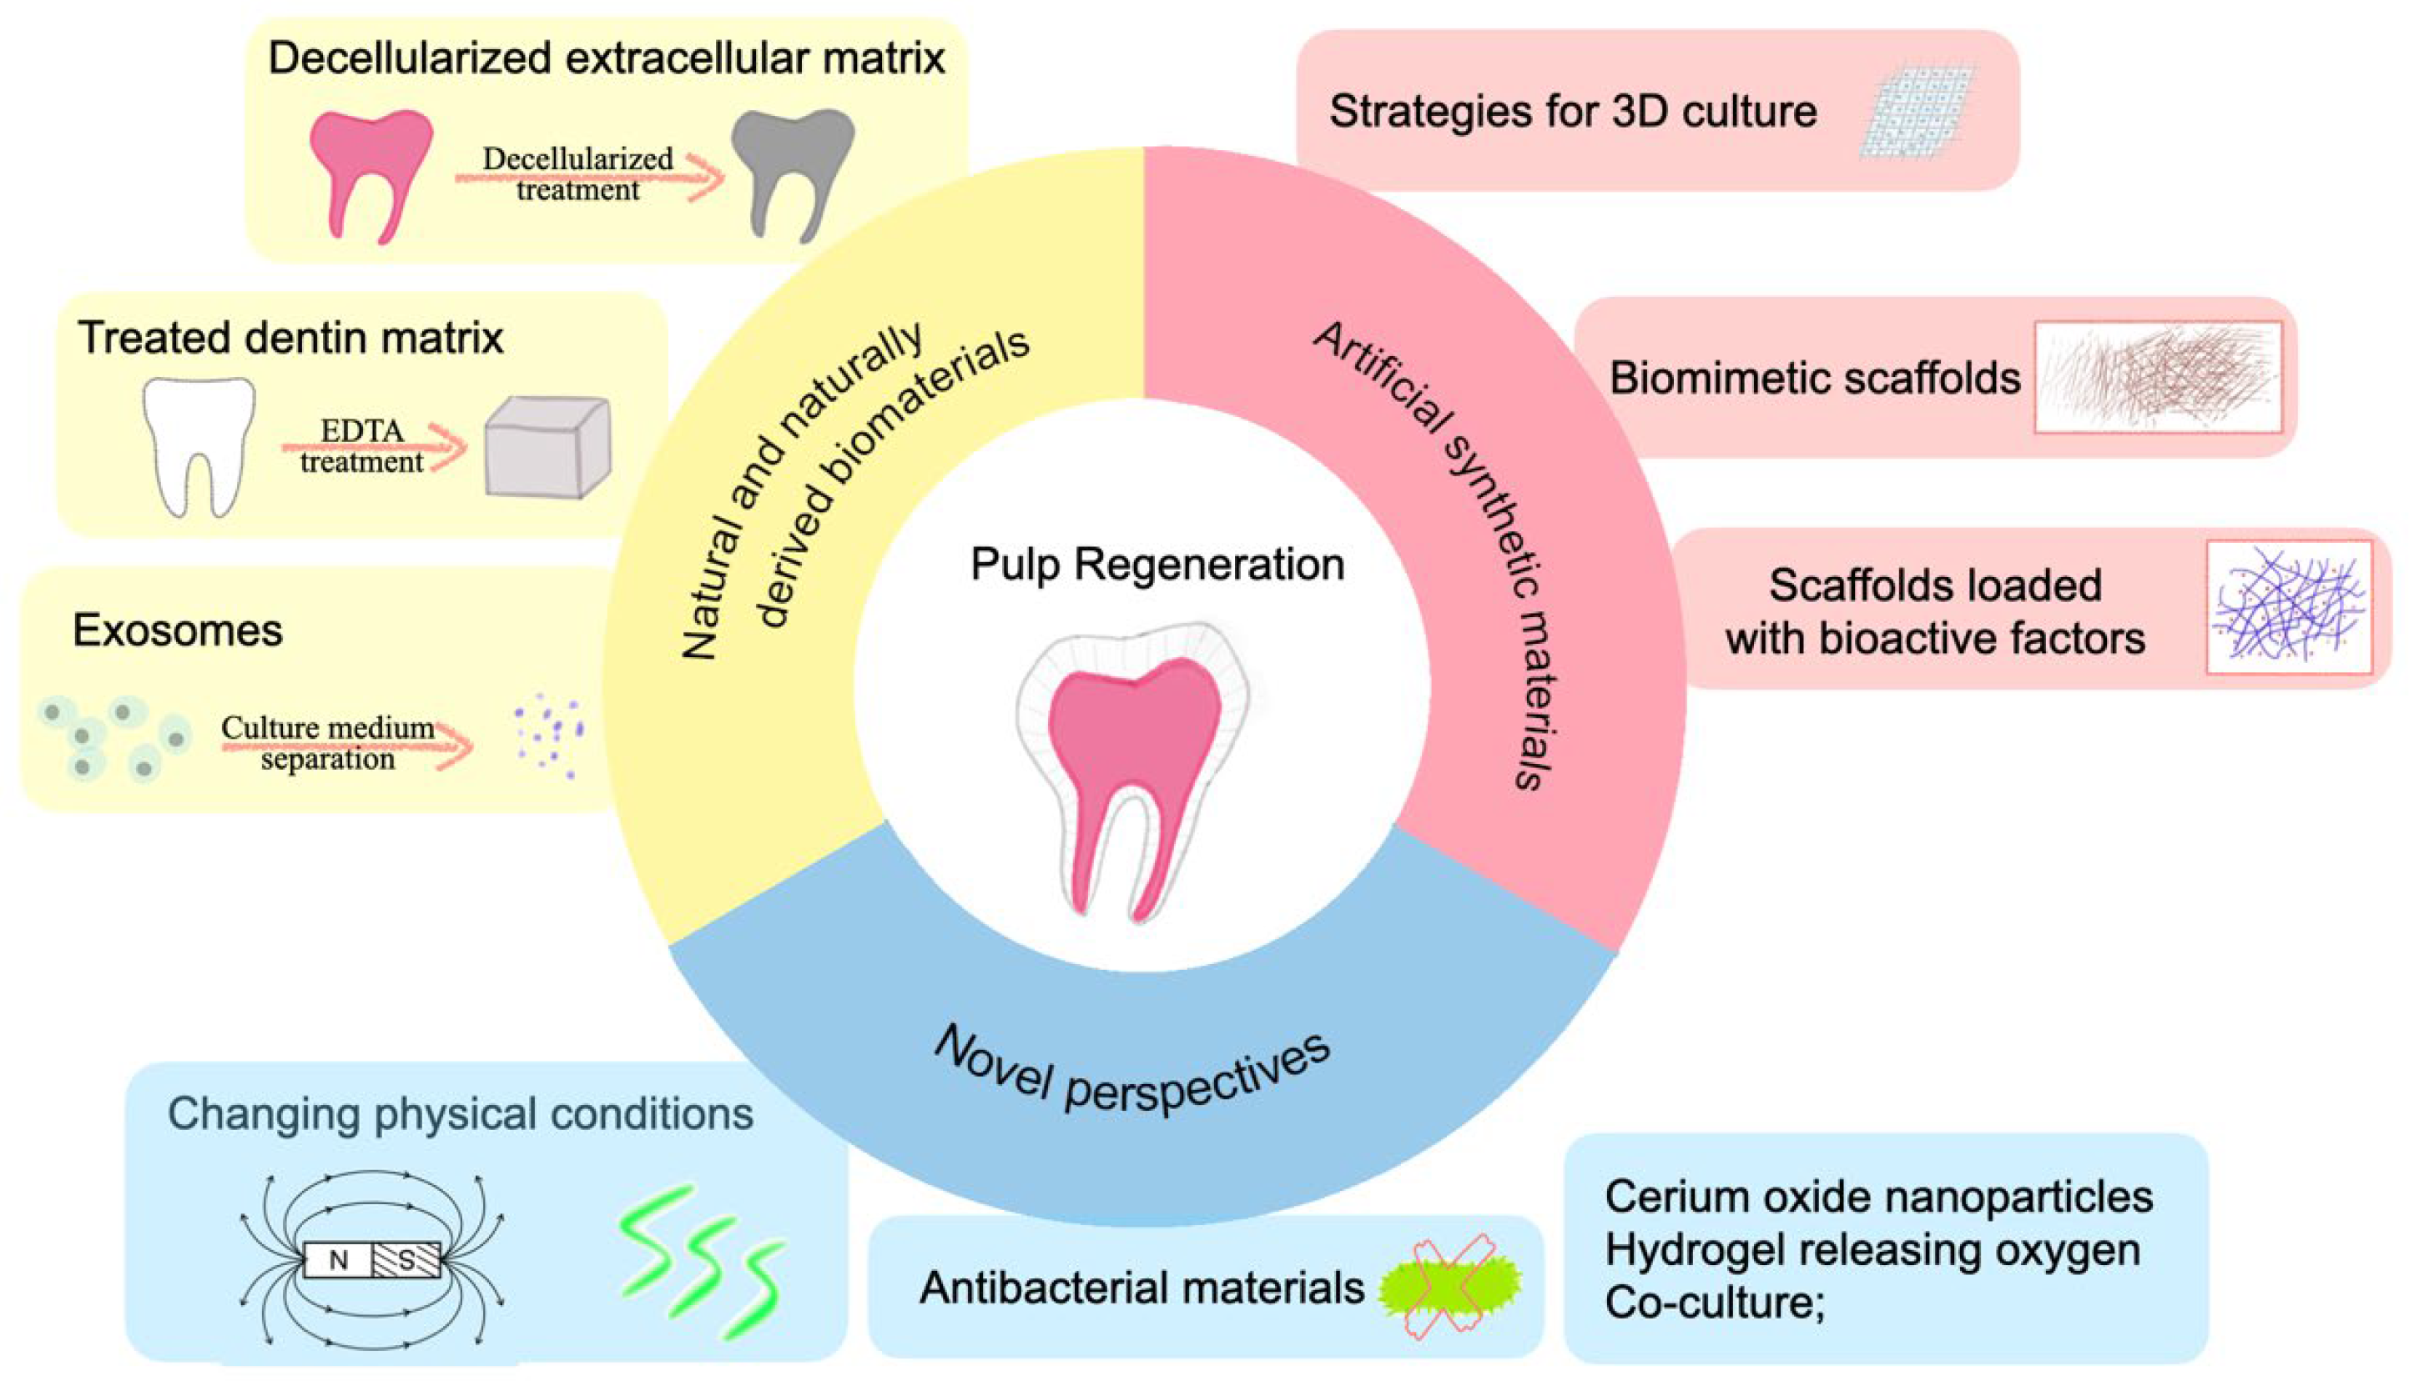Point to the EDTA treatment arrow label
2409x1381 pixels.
362,446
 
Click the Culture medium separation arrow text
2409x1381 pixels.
328,743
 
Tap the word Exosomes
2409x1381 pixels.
178,630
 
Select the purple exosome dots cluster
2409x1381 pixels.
548,735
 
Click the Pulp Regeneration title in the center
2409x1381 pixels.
1157,565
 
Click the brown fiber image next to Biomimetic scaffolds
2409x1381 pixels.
2159,378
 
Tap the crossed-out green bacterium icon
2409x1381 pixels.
1449,1286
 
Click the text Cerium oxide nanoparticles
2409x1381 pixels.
1878,1197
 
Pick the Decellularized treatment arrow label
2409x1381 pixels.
577,173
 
